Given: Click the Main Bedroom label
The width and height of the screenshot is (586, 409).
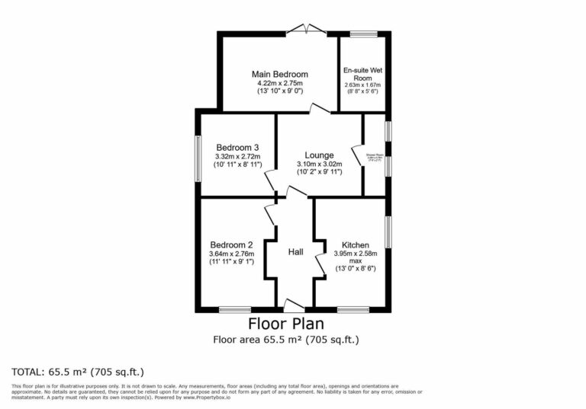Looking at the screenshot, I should [279, 74].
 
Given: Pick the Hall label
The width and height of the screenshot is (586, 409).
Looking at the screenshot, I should [296, 251].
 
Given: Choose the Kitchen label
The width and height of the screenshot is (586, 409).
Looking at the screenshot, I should [354, 244].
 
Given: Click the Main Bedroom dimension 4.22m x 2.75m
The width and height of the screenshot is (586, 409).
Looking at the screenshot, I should [279, 83].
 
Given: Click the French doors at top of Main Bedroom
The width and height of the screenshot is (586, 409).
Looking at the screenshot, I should [307, 30].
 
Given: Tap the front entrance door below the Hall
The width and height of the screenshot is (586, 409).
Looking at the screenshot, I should [294, 306].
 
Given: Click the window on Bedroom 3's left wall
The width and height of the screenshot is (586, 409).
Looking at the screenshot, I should [198, 158].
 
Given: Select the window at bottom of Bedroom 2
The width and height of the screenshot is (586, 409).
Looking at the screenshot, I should [235, 309].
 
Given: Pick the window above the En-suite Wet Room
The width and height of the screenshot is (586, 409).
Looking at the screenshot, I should [363, 34].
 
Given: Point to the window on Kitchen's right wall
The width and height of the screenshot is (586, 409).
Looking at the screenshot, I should [388, 232].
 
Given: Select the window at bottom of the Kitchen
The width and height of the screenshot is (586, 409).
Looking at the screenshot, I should [353, 309].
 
